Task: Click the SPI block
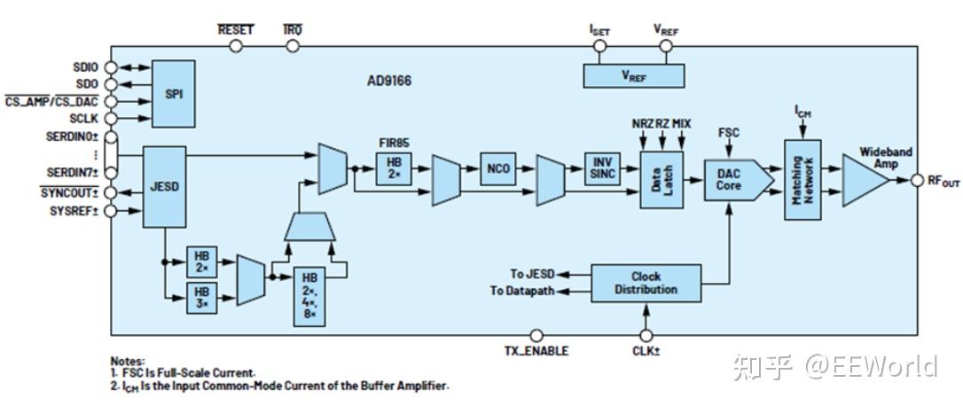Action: click(173, 93)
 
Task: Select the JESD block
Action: click(164, 187)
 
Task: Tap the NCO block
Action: click(498, 168)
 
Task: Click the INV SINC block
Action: click(602, 168)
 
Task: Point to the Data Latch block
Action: click(662, 179)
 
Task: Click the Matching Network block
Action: click(802, 179)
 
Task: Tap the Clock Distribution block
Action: click(646, 283)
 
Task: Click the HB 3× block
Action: click(202, 298)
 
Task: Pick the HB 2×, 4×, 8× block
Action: click(309, 297)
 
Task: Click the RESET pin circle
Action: click(235, 46)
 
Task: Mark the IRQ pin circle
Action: click(293, 46)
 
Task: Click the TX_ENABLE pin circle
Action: click(536, 335)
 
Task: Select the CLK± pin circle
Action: click(646, 335)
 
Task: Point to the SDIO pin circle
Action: click(111, 67)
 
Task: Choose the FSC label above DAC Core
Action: click(728, 133)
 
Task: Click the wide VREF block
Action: click(633, 75)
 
